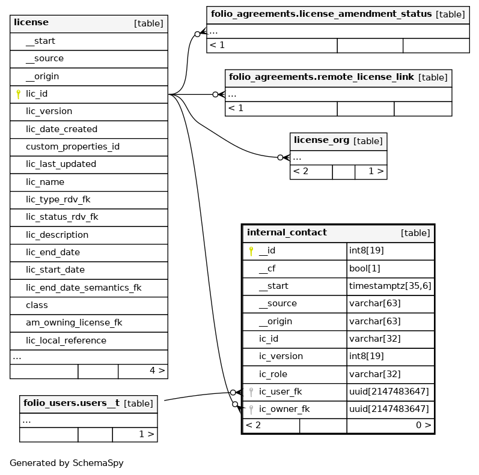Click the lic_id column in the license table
click(37, 94)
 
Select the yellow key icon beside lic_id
click(18, 94)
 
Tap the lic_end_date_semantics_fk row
click(84, 288)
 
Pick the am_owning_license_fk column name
click(74, 322)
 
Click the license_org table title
click(322, 141)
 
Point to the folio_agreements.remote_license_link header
click(322, 77)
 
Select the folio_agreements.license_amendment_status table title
click(322, 14)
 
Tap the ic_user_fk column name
click(280, 392)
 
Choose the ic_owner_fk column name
click(284, 410)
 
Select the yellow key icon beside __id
click(251, 251)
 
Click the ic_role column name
click(273, 374)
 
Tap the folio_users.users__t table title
click(72, 403)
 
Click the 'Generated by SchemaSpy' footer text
click(66, 463)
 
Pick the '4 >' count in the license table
click(157, 371)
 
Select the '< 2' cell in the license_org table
click(301, 171)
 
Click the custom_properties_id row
click(73, 147)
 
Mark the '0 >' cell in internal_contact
click(423, 425)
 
